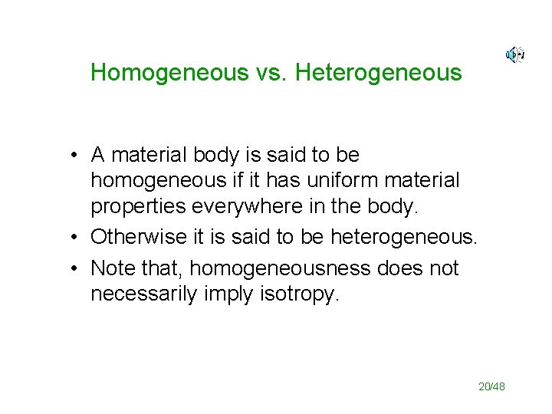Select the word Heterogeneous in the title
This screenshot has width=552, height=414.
click(378, 73)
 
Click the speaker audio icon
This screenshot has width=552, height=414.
click(514, 54)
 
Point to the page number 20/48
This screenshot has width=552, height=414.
click(491, 387)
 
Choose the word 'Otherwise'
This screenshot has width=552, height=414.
click(142, 238)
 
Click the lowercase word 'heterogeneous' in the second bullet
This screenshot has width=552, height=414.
click(404, 238)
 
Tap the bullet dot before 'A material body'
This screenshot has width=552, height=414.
click(71, 156)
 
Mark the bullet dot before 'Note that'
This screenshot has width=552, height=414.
click(71, 269)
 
